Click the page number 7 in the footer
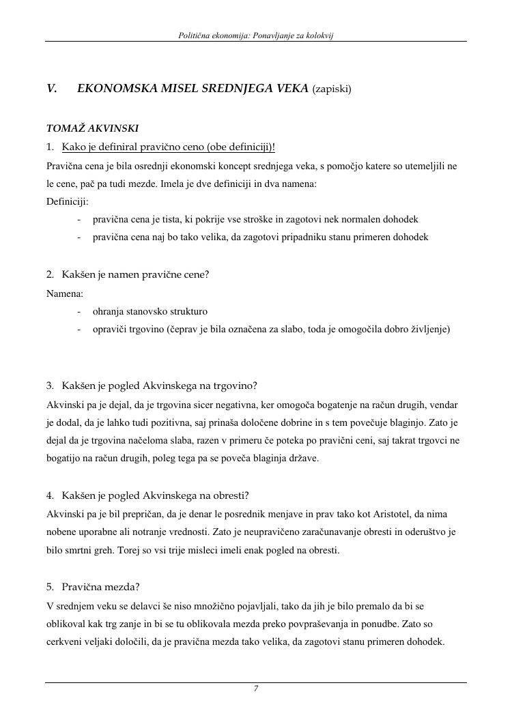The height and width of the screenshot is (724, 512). click(256, 689)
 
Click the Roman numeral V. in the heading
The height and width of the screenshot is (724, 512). click(52, 88)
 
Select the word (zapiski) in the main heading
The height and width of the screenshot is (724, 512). click(332, 89)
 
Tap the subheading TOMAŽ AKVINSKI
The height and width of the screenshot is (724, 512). click(92, 128)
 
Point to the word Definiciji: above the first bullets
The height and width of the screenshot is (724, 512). click(67, 201)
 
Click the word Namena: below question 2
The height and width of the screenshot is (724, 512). click(65, 293)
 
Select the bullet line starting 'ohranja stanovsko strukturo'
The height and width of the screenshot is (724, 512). click(150, 311)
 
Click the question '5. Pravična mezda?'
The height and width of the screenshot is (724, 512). click(93, 587)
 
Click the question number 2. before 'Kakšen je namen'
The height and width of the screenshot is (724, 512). click(51, 274)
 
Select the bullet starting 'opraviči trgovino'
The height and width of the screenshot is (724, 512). click(271, 329)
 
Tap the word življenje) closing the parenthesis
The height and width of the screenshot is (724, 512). click(428, 329)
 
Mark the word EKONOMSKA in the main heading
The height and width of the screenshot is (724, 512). click(112, 88)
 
